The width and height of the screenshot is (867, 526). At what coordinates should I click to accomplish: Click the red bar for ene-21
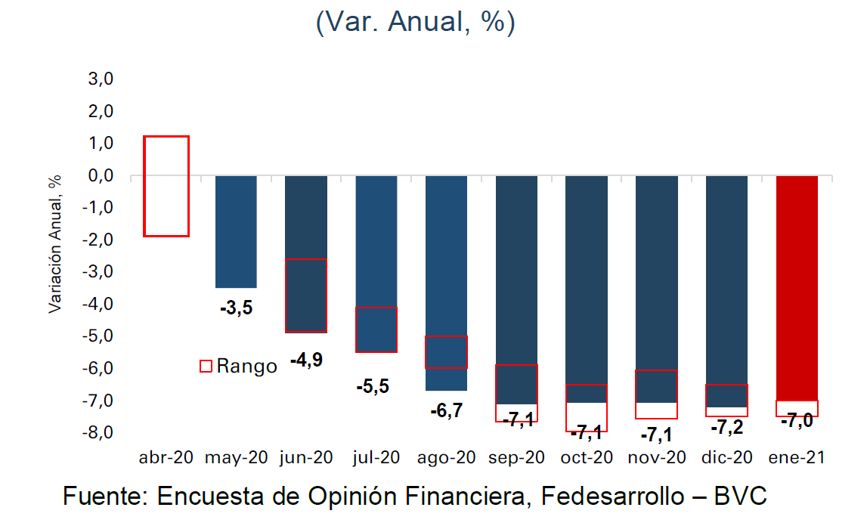pyautogui.click(x=797, y=287)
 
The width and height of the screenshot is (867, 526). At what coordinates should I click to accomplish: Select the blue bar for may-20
pyautogui.click(x=236, y=231)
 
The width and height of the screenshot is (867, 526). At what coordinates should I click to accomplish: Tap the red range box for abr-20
pyautogui.click(x=166, y=186)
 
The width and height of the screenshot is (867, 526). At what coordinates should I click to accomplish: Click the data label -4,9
pyautogui.click(x=306, y=360)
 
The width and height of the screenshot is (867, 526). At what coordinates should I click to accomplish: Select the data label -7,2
pyautogui.click(x=726, y=427)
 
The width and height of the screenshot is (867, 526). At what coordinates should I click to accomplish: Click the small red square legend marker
pyautogui.click(x=206, y=367)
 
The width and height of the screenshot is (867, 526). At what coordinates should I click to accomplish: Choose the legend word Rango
pyautogui.click(x=246, y=367)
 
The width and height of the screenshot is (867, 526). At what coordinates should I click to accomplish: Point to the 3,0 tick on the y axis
pyautogui.click(x=101, y=79)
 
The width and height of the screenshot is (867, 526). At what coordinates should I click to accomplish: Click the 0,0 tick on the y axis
pyautogui.click(x=101, y=176)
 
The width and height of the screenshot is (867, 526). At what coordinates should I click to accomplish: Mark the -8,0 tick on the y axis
pyautogui.click(x=98, y=432)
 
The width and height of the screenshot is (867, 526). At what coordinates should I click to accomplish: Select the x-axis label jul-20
pyautogui.click(x=376, y=458)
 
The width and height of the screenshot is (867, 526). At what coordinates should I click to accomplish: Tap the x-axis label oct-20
pyautogui.click(x=587, y=458)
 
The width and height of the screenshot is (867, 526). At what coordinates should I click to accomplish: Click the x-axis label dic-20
pyautogui.click(x=726, y=458)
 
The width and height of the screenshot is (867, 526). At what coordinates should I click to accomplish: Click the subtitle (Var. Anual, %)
pyautogui.click(x=415, y=22)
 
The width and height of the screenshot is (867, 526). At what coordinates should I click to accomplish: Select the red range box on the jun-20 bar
pyautogui.click(x=306, y=295)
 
